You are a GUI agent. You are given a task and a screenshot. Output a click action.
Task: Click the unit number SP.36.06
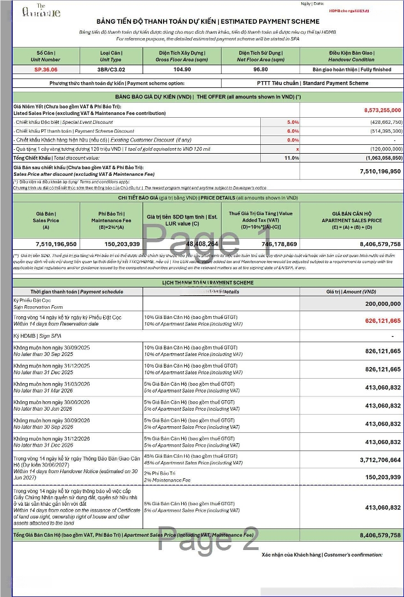(x=46, y=70)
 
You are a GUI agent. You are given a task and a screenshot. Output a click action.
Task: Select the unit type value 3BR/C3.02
(x=111, y=70)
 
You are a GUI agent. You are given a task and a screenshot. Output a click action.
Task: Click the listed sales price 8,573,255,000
(x=382, y=110)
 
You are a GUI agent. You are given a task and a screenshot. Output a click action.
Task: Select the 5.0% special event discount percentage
(x=293, y=122)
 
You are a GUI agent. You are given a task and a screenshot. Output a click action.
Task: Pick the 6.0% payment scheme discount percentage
(x=293, y=131)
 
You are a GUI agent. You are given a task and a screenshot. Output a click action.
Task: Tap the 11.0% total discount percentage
(x=292, y=158)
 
